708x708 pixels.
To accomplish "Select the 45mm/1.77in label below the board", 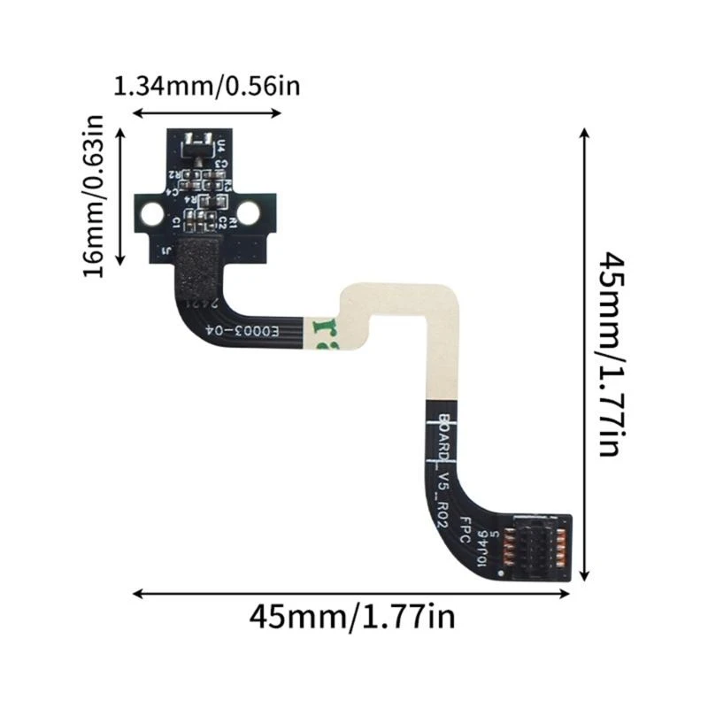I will coord(352,615).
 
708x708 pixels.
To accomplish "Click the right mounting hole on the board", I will coord(249,212).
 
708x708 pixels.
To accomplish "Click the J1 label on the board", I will coord(166,251).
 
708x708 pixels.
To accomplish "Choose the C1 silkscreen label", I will coord(176,218).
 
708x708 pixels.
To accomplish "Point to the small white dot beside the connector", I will coord(501,574).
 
